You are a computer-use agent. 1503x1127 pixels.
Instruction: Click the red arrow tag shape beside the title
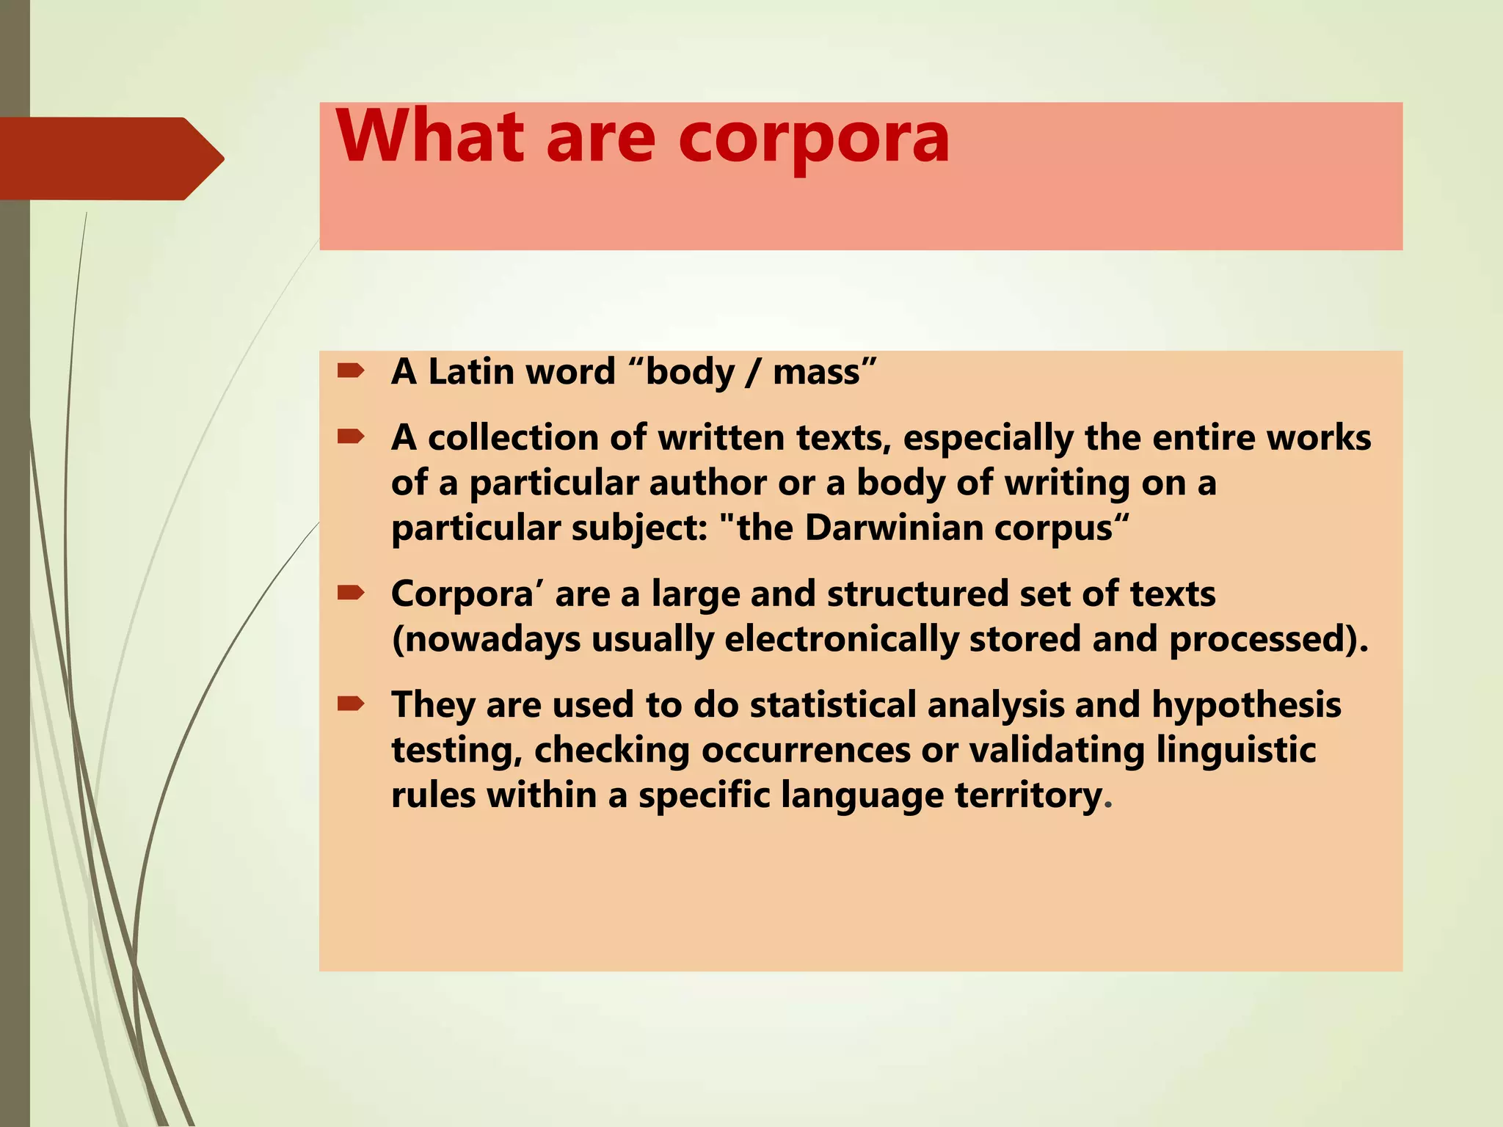click(x=110, y=158)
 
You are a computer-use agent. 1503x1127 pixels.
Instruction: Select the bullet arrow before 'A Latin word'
click(x=351, y=371)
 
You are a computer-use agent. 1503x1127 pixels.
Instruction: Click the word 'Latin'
click(x=470, y=372)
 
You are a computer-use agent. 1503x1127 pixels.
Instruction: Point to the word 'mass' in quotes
click(x=816, y=373)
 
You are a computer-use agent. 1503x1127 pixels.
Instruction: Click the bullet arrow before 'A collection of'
click(x=351, y=437)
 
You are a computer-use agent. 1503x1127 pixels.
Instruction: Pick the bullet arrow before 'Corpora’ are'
click(x=351, y=593)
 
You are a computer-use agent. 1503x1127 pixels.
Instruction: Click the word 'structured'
click(x=917, y=594)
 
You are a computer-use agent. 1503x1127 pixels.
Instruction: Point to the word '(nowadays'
click(x=486, y=640)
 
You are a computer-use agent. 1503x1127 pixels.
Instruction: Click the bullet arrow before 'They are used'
click(x=351, y=704)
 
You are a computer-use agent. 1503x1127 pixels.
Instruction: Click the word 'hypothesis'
click(x=1246, y=706)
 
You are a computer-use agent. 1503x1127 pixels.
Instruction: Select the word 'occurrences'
click(x=804, y=750)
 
